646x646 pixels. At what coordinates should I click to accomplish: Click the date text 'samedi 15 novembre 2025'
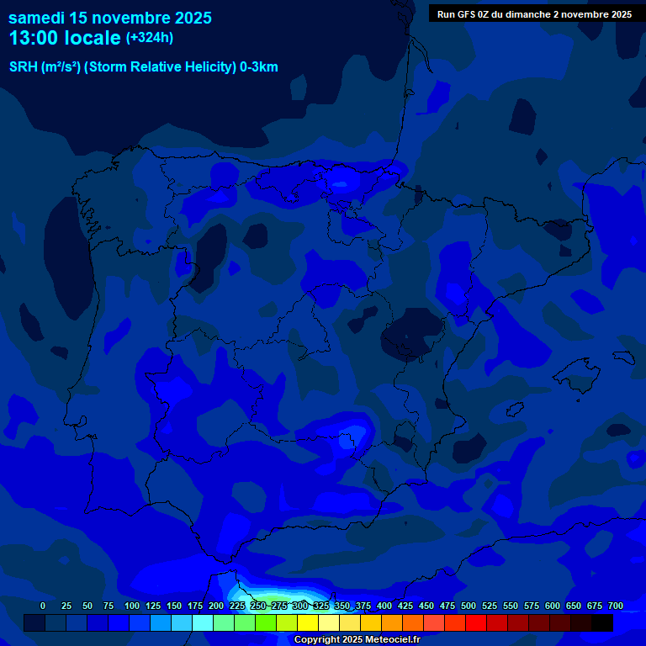point(109,18)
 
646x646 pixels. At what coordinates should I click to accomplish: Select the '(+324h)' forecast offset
point(150,38)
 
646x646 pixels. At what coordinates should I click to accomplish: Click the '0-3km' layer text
point(259,67)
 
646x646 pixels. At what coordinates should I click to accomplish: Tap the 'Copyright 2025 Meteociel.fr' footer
point(357,639)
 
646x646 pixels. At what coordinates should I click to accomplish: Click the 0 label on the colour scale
point(43,606)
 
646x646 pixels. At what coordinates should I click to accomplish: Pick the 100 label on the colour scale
point(132,606)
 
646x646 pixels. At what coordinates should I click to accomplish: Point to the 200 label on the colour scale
point(216,606)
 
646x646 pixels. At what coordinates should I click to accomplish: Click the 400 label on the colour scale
point(384,606)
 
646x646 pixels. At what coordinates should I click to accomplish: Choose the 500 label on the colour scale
point(469,606)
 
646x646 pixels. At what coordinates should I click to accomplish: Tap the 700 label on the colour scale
point(615,606)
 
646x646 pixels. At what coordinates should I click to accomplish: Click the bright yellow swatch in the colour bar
point(308,622)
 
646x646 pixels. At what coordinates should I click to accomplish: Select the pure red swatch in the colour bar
point(476,622)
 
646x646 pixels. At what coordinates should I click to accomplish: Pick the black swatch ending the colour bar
point(602,622)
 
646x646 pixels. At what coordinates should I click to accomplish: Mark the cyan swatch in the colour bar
point(203,622)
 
